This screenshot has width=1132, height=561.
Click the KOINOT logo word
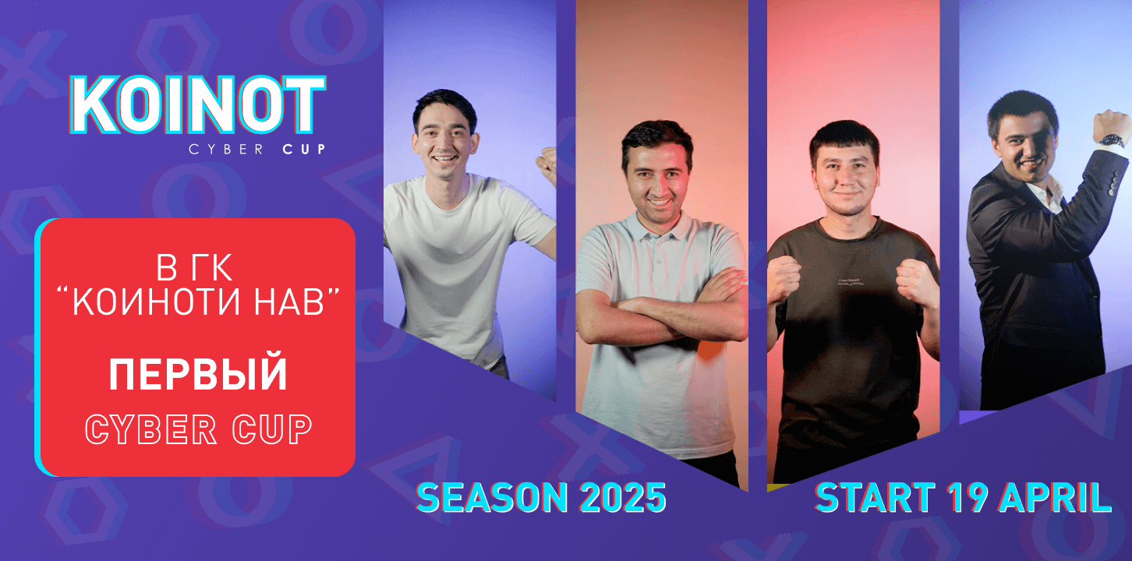[197, 105]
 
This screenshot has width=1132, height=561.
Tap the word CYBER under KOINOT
[226, 150]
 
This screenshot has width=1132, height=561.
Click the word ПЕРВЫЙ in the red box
[198, 374]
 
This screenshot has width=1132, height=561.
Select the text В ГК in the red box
[195, 267]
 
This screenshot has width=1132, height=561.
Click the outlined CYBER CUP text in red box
[199, 429]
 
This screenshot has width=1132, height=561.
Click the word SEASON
[492, 498]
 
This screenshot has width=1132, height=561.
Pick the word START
[875, 498]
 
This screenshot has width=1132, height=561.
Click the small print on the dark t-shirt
[851, 282]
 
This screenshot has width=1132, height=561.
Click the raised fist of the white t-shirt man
[547, 165]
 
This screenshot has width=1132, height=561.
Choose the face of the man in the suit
[1025, 147]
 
